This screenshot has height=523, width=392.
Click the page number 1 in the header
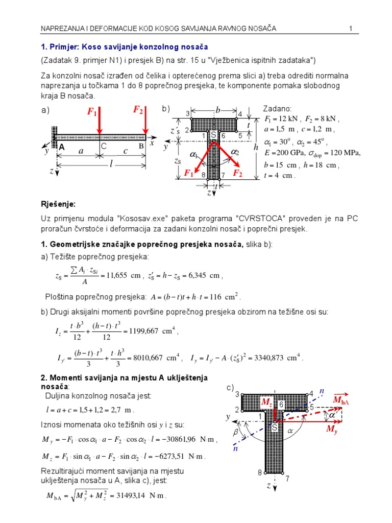click(351, 29)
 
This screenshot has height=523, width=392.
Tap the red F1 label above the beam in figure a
click(92, 112)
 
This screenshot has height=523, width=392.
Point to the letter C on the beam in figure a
click(103, 146)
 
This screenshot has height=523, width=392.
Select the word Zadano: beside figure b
click(277, 109)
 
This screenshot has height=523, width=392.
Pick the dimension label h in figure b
click(256, 147)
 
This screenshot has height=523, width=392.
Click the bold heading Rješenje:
click(58, 204)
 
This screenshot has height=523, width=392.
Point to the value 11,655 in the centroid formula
click(113, 275)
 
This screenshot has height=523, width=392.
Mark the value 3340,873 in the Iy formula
click(280, 357)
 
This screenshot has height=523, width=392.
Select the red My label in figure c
click(332, 431)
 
